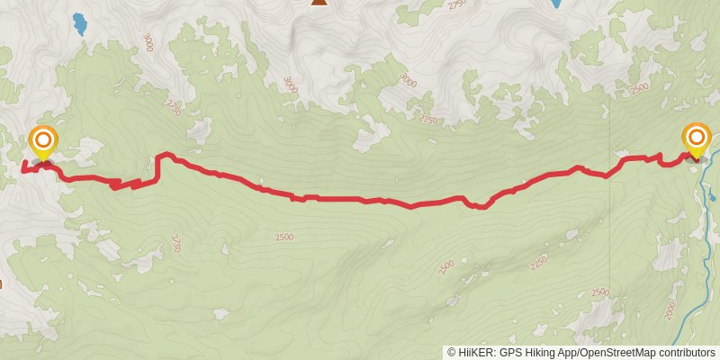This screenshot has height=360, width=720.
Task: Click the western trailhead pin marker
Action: point(42,142)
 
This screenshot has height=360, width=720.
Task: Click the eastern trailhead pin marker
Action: point(697,139)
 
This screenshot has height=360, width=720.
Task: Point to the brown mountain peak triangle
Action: point(319,3)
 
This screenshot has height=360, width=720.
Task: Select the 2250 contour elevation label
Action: point(538,262)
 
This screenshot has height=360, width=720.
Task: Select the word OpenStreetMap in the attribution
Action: point(614,353)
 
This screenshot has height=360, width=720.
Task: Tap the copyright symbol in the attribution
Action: point(451,353)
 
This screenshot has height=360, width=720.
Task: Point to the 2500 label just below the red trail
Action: point(284,237)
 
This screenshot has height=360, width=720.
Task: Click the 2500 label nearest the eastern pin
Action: point(640,88)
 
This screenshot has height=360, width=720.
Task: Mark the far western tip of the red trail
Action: point(22,167)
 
